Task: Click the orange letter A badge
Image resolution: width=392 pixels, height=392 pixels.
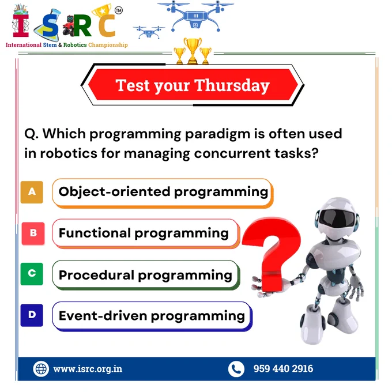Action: click(x=32, y=192)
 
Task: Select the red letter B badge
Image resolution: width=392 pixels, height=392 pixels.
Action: click(x=33, y=233)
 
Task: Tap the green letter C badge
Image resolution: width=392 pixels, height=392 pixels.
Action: click(x=32, y=274)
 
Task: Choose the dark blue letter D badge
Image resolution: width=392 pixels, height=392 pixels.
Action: click(x=32, y=315)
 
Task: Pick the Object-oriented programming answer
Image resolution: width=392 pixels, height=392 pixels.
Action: click(x=163, y=193)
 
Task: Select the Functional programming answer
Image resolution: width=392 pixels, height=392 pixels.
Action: click(x=146, y=233)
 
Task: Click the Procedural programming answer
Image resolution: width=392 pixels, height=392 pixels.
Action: click(x=146, y=275)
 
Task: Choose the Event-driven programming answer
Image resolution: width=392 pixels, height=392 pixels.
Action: click(x=152, y=316)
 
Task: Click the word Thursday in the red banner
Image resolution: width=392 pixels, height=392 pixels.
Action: click(x=232, y=86)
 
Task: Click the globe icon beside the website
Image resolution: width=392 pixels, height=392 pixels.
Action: click(x=41, y=369)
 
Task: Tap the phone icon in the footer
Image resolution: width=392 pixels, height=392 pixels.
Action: click(x=236, y=369)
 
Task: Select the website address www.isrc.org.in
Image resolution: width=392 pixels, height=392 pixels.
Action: click(x=88, y=369)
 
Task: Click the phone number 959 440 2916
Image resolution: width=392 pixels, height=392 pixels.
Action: click(x=283, y=368)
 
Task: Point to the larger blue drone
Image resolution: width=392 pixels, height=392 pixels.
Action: click(x=195, y=16)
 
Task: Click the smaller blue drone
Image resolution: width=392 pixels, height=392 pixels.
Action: click(x=149, y=32)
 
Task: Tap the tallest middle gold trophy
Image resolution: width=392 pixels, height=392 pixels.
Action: click(x=193, y=51)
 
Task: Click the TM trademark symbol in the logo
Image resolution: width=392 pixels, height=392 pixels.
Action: click(x=119, y=10)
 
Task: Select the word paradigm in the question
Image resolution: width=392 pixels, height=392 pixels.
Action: click(x=217, y=134)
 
